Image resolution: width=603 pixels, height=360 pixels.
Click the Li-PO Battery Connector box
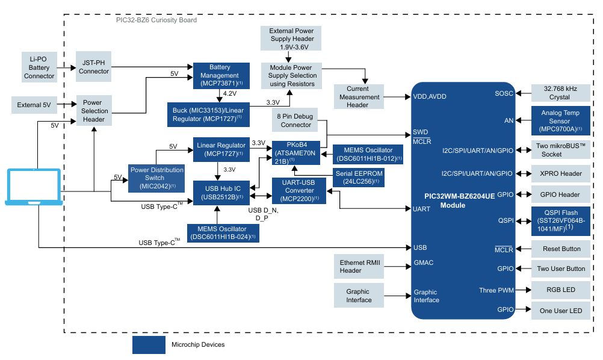point(39,67)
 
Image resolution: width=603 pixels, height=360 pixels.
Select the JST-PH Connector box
point(94,67)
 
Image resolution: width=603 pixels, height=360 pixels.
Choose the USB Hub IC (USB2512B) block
point(221,193)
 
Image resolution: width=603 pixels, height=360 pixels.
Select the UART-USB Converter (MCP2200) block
point(299,190)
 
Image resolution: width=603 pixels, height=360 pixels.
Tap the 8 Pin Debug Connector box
point(296,120)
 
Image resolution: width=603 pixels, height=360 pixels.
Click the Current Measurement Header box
point(359,97)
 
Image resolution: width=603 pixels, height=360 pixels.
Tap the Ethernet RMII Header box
point(359,267)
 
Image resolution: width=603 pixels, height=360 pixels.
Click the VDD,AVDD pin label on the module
point(429,96)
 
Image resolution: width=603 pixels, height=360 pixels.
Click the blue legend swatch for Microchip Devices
point(149,345)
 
